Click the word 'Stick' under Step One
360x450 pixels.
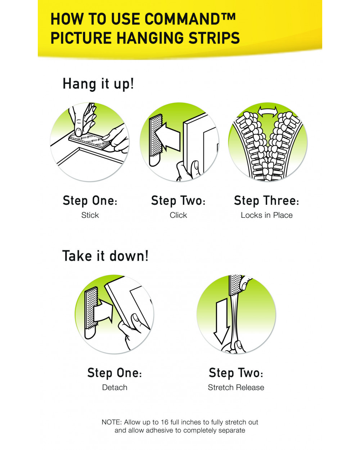(90, 215)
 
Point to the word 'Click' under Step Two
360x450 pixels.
(178, 215)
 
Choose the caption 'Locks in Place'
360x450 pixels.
(266, 215)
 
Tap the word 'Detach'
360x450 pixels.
(114, 387)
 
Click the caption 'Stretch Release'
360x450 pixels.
(236, 387)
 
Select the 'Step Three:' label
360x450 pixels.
(266, 201)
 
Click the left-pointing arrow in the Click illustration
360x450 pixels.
(167, 137)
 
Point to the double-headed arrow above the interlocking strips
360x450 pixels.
(267, 112)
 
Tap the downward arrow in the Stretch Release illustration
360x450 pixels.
(221, 321)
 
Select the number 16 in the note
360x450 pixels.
(165, 422)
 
